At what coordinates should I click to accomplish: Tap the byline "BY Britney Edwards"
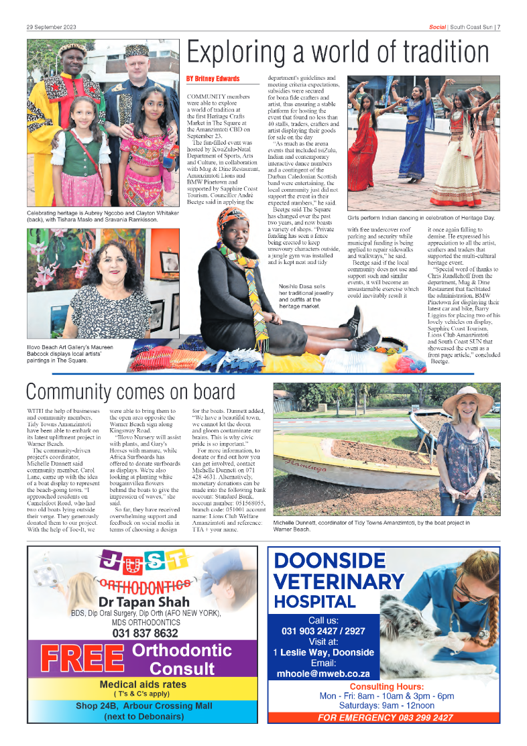213,79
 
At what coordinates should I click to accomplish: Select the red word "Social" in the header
437,27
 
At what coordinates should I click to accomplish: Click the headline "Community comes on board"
130,392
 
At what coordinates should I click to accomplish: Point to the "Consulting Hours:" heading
386,687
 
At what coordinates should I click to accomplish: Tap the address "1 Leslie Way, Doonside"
323,652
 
